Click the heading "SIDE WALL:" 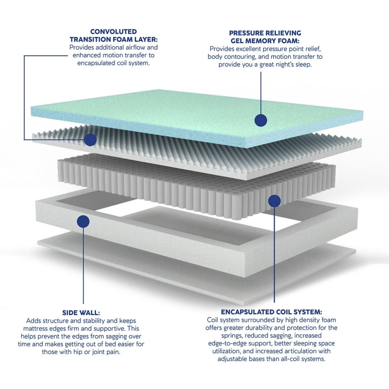(81, 313)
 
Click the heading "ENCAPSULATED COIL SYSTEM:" (271, 312)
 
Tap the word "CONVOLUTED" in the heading (113, 31)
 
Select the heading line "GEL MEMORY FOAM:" (265, 41)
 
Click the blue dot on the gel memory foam (261, 120)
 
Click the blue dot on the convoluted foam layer (90, 140)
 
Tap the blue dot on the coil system (275, 201)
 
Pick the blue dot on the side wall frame (83, 221)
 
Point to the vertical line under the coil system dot (275, 255)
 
